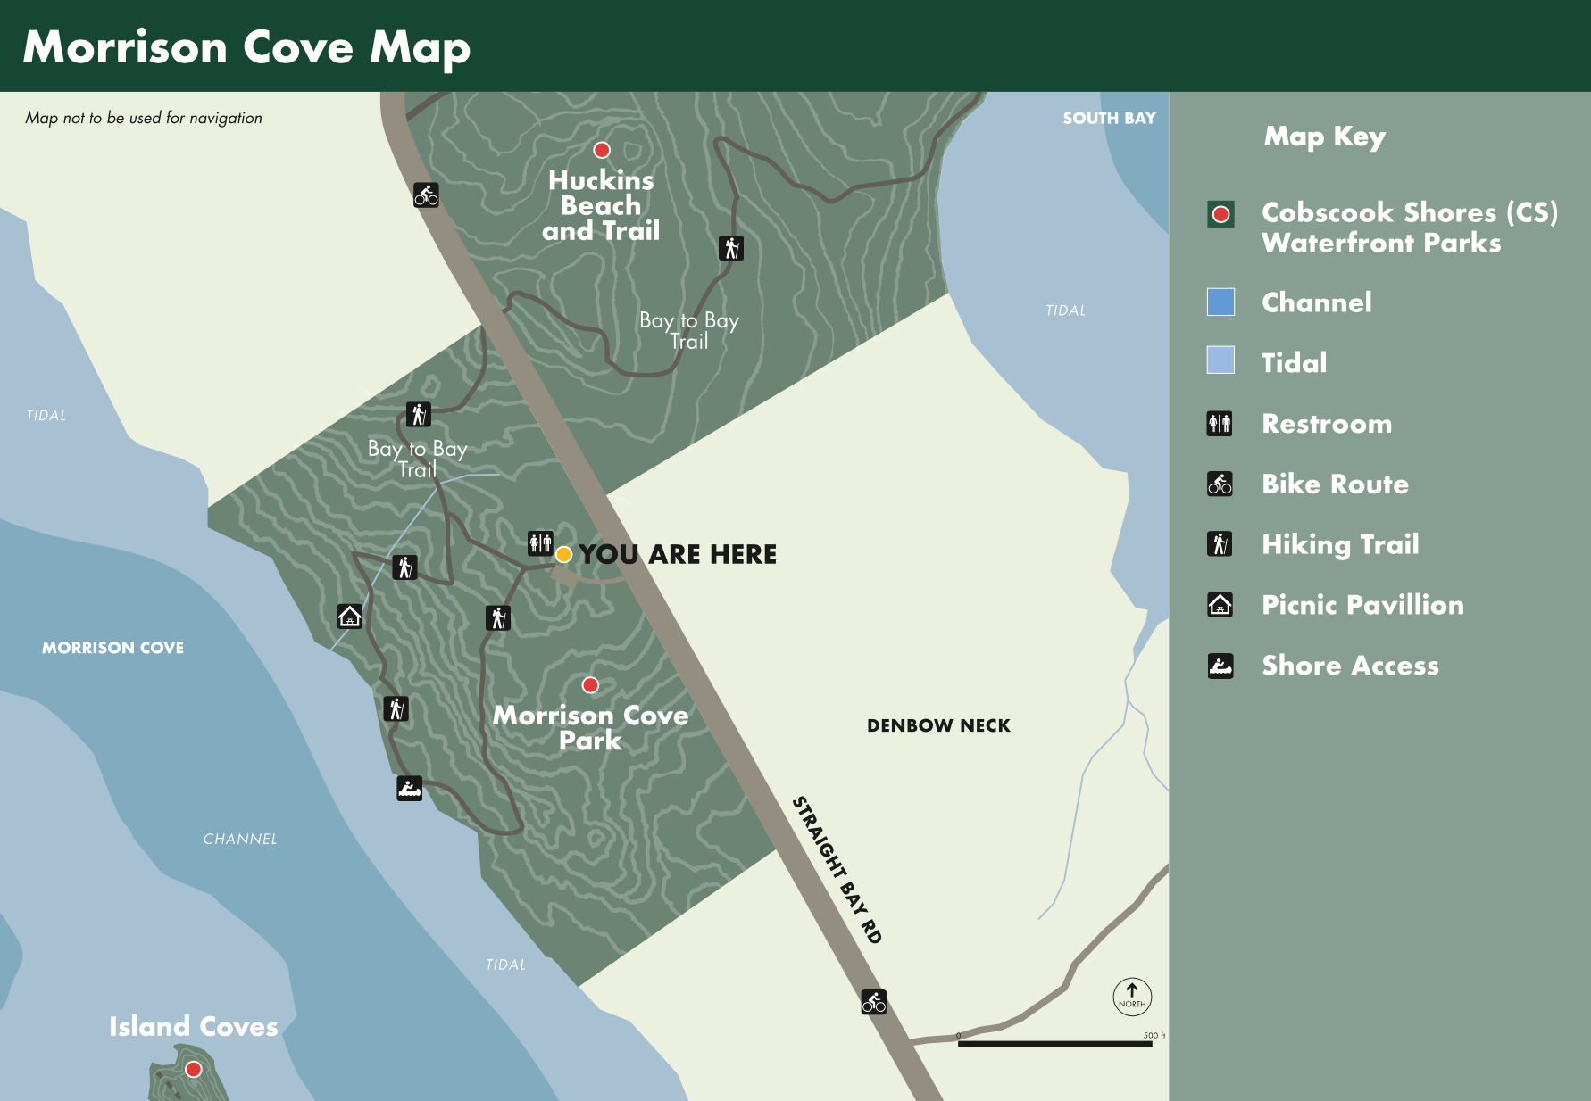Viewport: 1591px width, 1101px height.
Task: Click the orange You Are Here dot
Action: (x=563, y=554)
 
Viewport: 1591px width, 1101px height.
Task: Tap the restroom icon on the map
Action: (x=540, y=542)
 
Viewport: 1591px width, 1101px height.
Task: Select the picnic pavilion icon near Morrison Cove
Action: (x=349, y=616)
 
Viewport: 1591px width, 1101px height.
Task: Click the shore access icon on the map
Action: (x=409, y=788)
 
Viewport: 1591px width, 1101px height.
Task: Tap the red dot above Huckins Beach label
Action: (x=602, y=150)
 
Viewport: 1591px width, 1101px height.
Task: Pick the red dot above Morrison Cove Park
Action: (x=590, y=685)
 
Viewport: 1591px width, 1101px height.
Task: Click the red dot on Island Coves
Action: (x=193, y=1069)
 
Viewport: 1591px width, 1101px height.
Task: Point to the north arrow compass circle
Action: (x=1132, y=996)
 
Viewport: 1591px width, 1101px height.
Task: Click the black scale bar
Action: (x=1054, y=1043)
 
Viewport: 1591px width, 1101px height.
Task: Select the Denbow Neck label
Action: (x=938, y=725)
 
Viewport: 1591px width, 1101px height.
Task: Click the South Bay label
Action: (x=1109, y=118)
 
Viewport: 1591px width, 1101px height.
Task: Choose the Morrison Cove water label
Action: (x=112, y=648)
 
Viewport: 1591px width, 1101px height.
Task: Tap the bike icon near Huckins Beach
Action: (x=426, y=195)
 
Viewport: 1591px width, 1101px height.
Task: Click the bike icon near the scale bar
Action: (x=873, y=1001)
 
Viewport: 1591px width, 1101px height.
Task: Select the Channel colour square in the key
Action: (x=1220, y=302)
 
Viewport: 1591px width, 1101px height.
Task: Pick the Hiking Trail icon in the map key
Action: (x=1220, y=543)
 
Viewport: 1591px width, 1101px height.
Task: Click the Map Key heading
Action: (x=1324, y=137)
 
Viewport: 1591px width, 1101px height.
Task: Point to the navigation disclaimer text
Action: (x=144, y=118)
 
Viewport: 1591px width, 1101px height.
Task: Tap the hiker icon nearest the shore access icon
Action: (x=396, y=708)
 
